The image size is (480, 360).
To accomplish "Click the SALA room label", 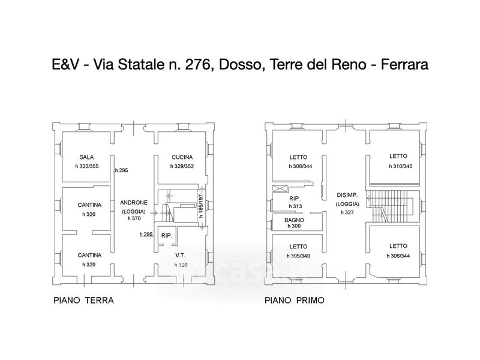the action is (x=86, y=157).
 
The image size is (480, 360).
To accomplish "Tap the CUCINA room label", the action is (x=182, y=157).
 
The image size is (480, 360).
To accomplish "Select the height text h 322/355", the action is (x=87, y=167).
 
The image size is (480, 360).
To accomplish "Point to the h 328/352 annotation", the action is (x=182, y=167).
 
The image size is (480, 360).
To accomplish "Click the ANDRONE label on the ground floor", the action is (x=134, y=203).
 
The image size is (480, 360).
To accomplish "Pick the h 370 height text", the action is (x=134, y=218).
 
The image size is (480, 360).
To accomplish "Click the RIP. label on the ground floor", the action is (x=167, y=236).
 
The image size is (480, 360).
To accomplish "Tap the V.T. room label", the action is (x=181, y=256).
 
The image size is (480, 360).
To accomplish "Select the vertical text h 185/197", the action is (x=201, y=206).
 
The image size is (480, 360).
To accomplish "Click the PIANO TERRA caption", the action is (x=83, y=301).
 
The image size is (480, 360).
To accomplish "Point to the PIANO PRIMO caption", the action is (x=295, y=301).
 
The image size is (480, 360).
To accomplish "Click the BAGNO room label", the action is (x=294, y=220).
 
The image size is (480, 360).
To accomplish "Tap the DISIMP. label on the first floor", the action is (x=347, y=195).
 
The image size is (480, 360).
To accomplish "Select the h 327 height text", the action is (x=347, y=212).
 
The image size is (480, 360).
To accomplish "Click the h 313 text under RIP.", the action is (x=295, y=206).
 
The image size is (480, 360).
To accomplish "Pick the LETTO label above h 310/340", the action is (x=398, y=156).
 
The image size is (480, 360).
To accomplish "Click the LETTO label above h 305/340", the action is (x=298, y=247).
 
